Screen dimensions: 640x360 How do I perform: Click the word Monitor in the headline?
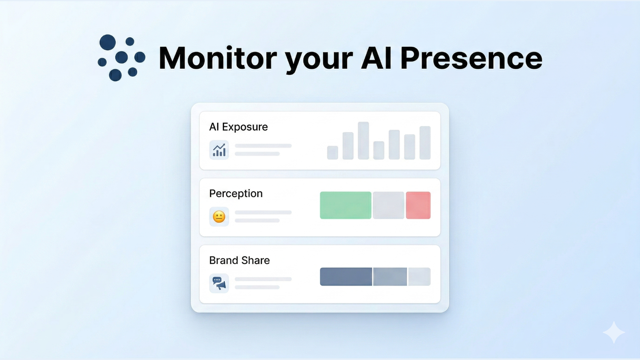click(x=218, y=58)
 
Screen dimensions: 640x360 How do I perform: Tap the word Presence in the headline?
click(x=472, y=58)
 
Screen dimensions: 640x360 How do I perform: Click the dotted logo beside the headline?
click(x=122, y=58)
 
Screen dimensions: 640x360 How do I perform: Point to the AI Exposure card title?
click(x=238, y=127)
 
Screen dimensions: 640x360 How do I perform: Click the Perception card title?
click(x=236, y=194)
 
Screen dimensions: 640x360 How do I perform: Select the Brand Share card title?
click(x=240, y=260)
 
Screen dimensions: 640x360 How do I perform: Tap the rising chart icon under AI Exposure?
click(x=219, y=150)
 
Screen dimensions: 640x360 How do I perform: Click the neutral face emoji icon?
click(x=219, y=216)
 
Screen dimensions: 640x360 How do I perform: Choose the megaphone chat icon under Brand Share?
click(x=219, y=283)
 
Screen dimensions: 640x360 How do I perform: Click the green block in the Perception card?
click(x=346, y=206)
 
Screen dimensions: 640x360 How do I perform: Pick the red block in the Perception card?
click(x=418, y=206)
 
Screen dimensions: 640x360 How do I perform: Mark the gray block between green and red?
click(x=388, y=206)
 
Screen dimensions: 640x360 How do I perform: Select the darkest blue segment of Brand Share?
click(x=346, y=276)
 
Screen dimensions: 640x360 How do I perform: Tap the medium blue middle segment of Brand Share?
click(x=390, y=276)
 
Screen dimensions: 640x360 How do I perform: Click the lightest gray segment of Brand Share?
click(x=420, y=276)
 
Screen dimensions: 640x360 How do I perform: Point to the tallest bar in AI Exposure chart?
click(x=364, y=140)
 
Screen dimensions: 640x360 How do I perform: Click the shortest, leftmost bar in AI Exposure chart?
click(x=332, y=152)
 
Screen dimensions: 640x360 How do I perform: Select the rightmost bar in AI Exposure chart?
click(x=425, y=142)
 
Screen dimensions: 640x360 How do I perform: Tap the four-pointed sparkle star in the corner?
click(x=614, y=332)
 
